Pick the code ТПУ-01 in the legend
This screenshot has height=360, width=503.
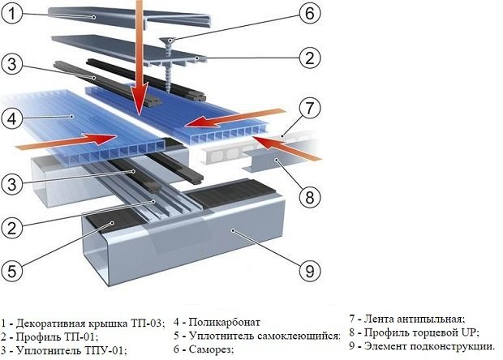click(x=105, y=350)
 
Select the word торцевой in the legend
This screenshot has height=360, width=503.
click(x=433, y=332)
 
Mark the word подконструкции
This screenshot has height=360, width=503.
click(x=451, y=347)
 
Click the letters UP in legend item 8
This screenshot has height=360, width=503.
click(x=468, y=332)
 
